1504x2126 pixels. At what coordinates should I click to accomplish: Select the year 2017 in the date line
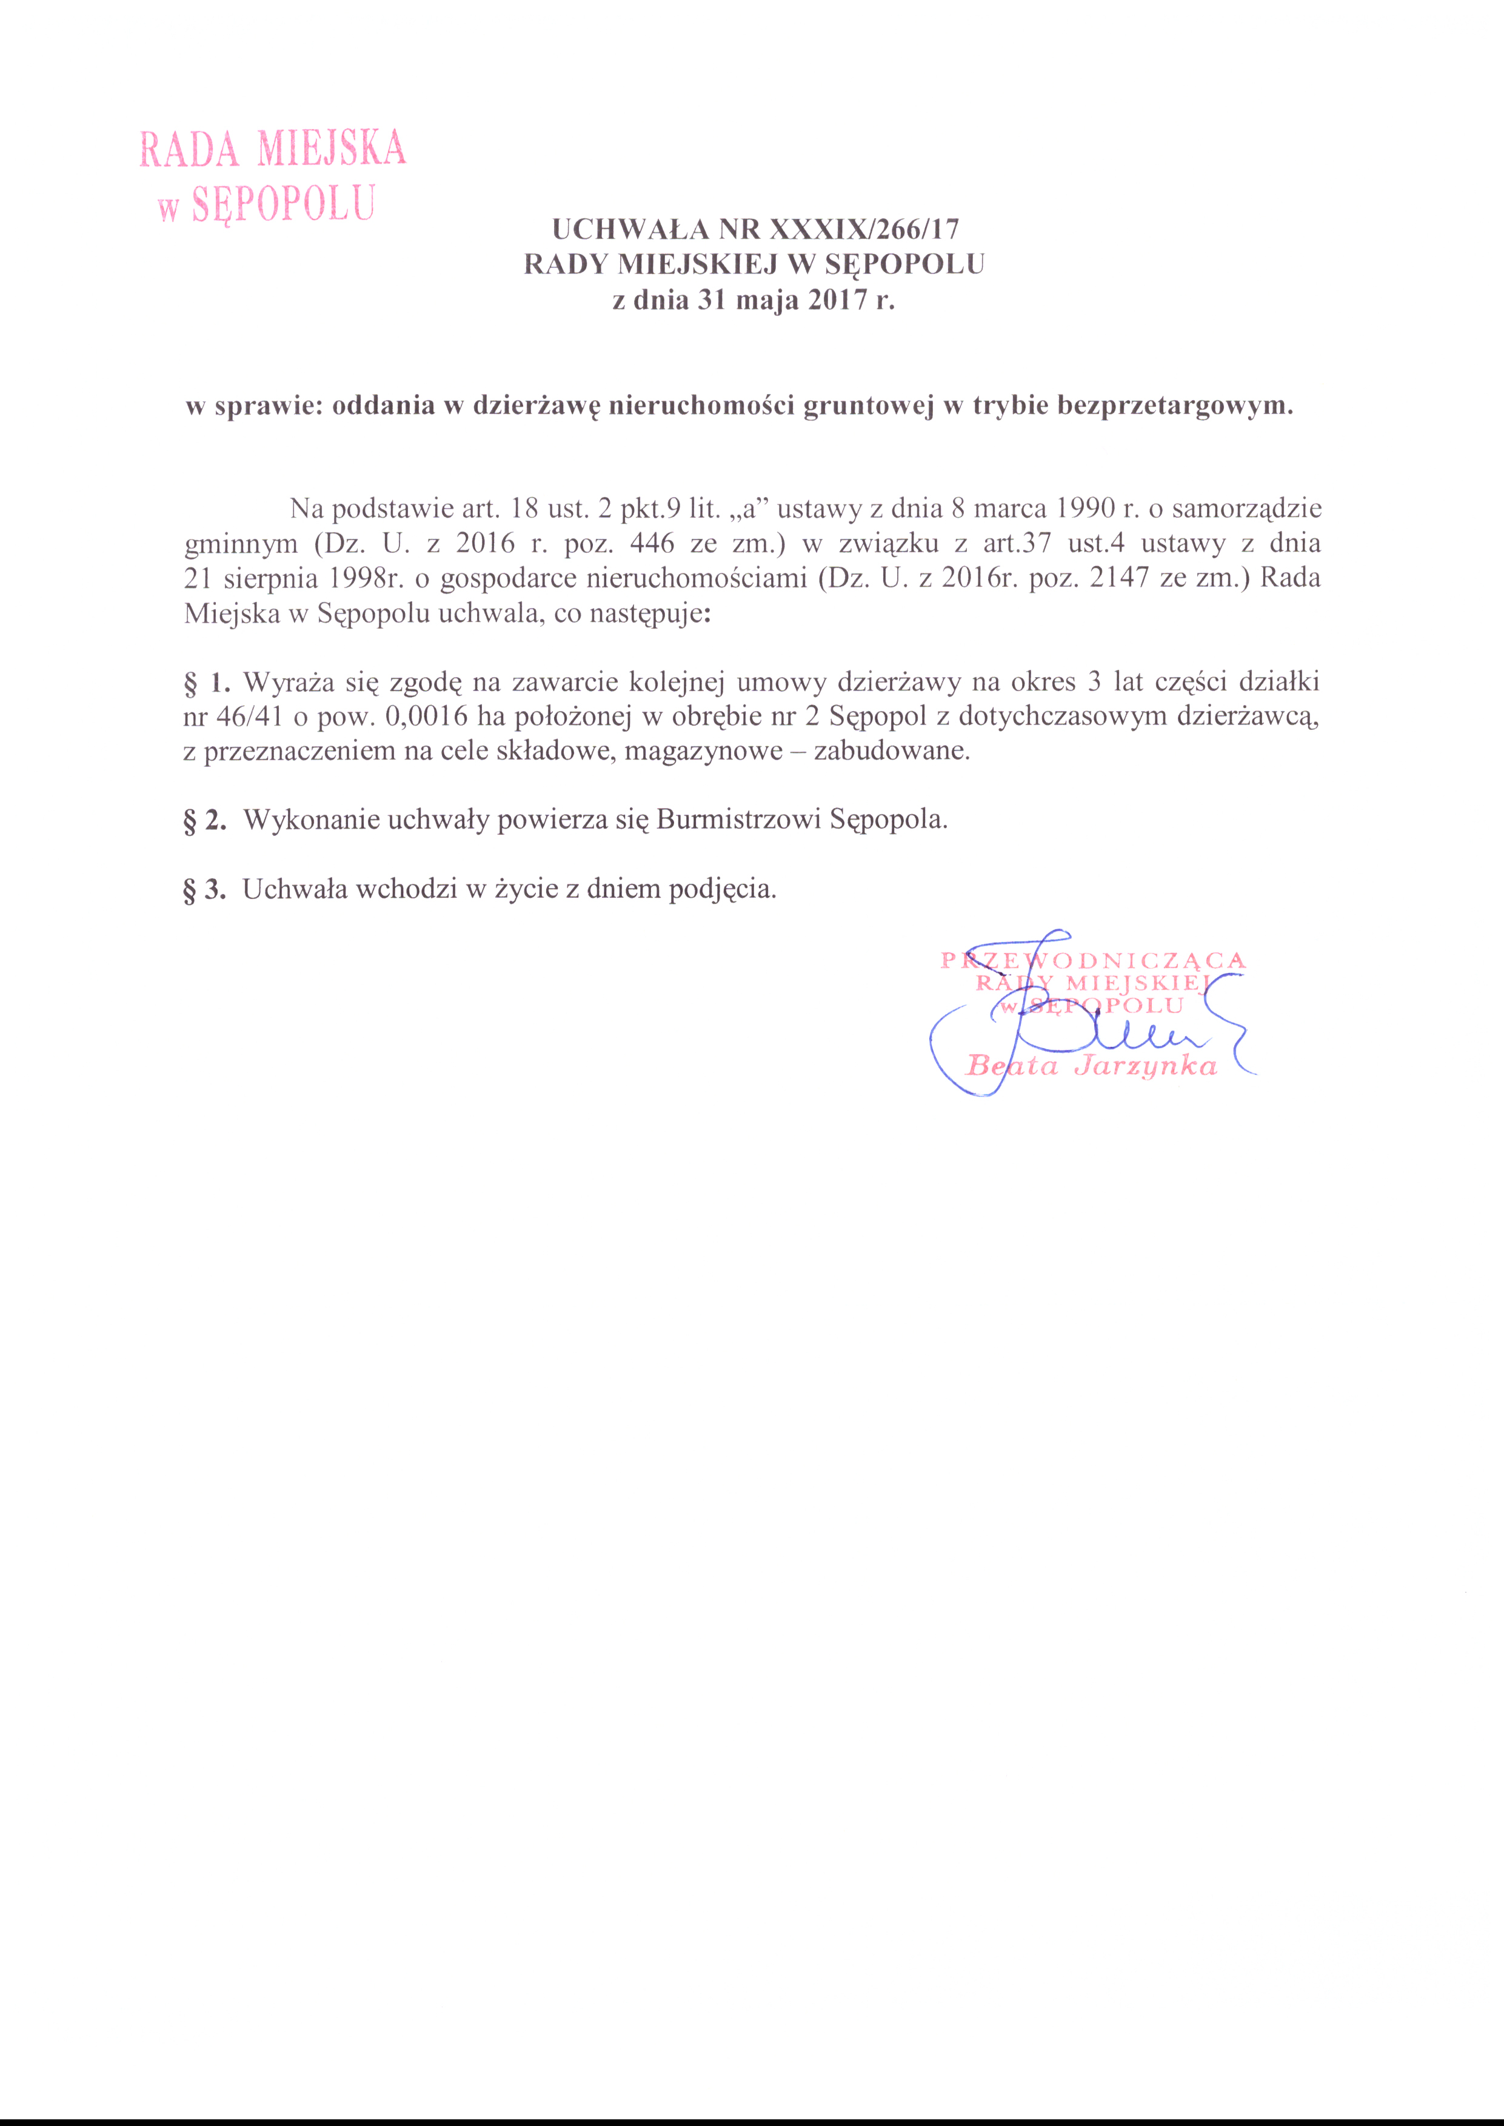pos(838,301)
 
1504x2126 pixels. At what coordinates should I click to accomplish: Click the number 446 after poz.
pos(651,544)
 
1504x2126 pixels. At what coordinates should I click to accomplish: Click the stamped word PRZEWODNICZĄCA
pos(1093,960)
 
